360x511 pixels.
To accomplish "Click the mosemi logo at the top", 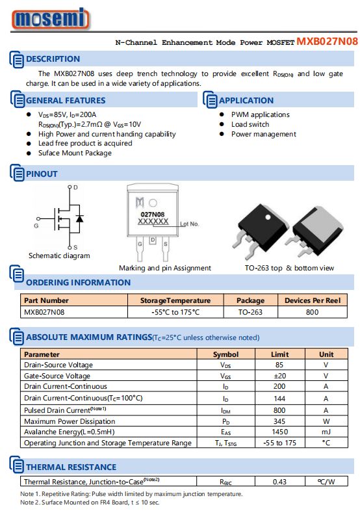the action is point(51,19).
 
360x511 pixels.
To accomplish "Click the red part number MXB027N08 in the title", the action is point(327,42).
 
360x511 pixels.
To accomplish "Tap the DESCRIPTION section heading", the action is point(53,59).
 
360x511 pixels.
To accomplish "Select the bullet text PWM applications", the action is point(261,114).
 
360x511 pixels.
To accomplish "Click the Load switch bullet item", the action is point(250,124).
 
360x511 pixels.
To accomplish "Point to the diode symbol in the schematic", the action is point(79,218).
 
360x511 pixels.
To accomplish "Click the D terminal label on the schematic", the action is point(75,187).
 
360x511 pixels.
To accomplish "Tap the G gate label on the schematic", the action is point(36,226).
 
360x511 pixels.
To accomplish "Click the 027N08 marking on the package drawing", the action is point(153,214).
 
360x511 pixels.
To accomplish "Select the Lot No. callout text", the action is point(189,224).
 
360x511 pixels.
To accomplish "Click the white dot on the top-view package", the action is point(268,217).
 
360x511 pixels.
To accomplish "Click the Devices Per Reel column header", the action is point(313,300).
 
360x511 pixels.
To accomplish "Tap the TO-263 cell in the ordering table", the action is point(250,312).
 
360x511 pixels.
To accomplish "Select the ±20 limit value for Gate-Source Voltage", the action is point(280,376).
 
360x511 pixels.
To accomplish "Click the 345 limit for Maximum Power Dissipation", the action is point(279,421).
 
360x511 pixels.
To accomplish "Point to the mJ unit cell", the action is point(326,432).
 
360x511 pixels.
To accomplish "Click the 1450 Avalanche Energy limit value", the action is point(280,432).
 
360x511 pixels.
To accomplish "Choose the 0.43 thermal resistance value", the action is point(279,482).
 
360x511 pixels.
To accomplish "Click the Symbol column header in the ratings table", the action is point(225,354).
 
